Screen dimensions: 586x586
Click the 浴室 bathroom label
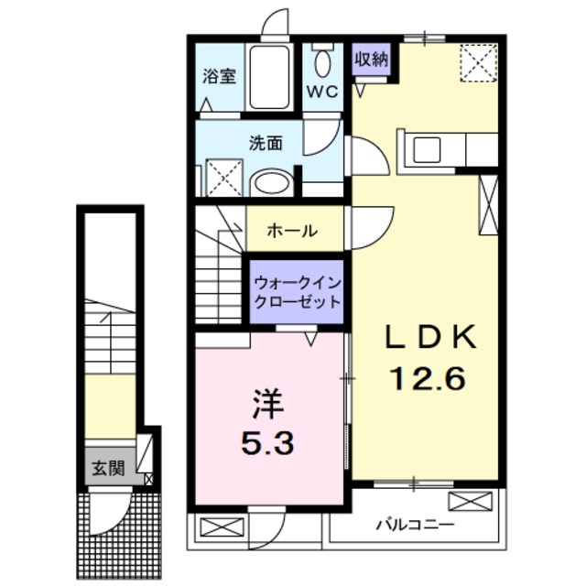click(220, 77)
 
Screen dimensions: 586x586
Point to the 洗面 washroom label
click(266, 143)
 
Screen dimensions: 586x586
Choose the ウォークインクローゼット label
click(298, 292)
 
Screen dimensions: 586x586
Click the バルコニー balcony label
click(415, 526)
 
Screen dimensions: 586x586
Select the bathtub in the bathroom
click(271, 77)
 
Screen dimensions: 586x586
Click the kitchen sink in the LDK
click(428, 149)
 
